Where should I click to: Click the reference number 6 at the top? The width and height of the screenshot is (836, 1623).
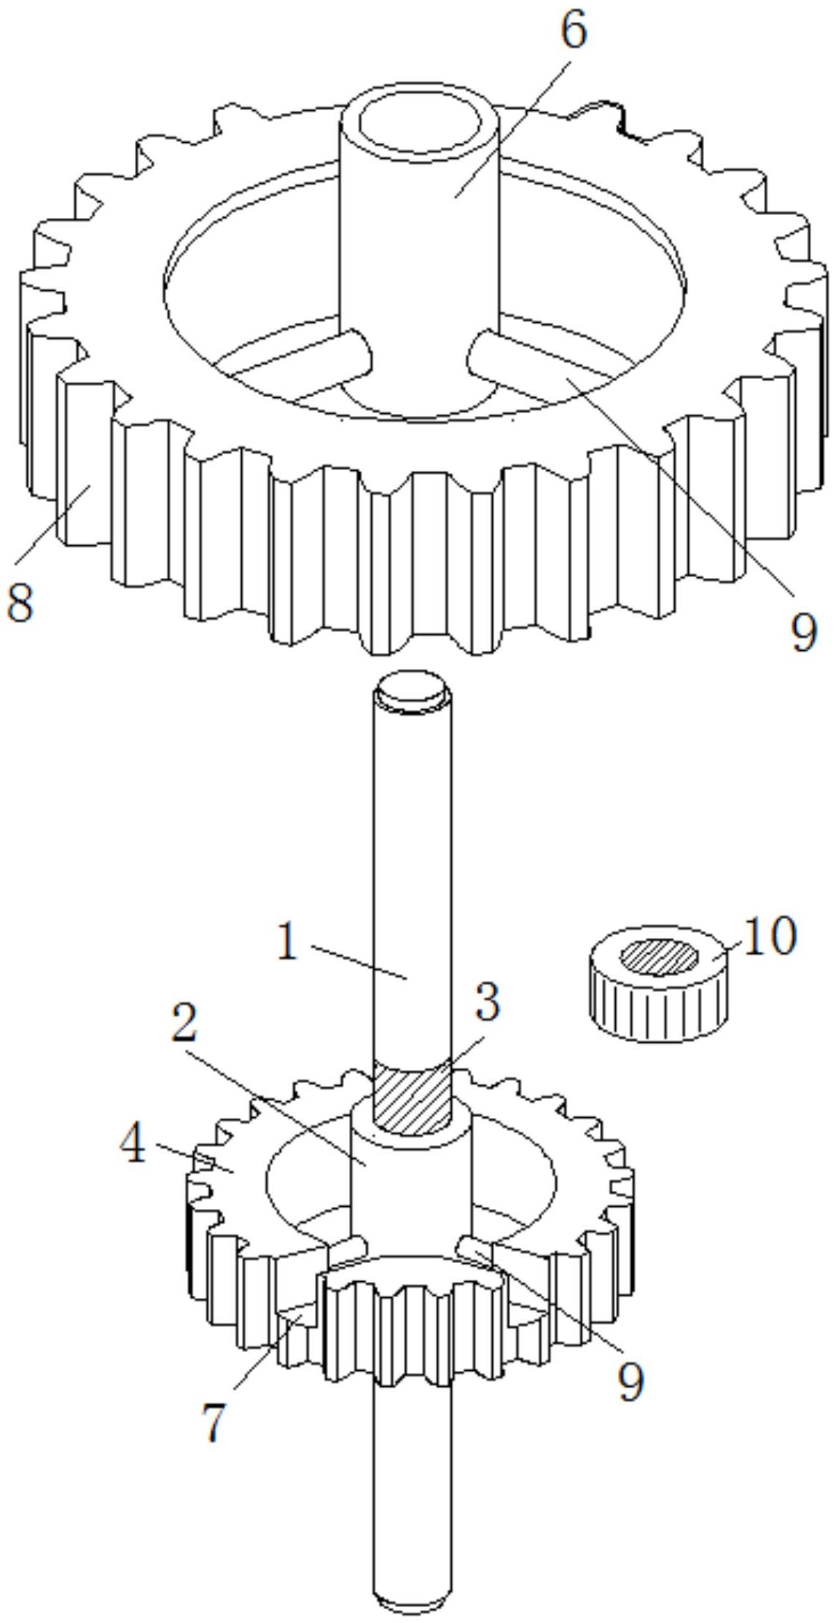coord(574,33)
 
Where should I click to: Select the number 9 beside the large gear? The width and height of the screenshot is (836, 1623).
coord(804,631)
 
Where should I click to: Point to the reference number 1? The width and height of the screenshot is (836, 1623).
coord(289,942)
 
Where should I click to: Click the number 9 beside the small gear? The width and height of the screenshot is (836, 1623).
coord(631,1380)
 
